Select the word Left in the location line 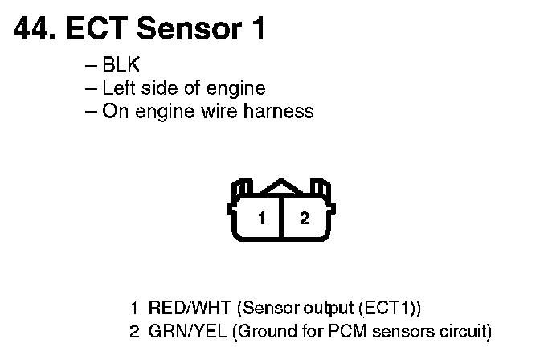tap(117, 88)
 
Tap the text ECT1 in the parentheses tap(395, 308)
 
